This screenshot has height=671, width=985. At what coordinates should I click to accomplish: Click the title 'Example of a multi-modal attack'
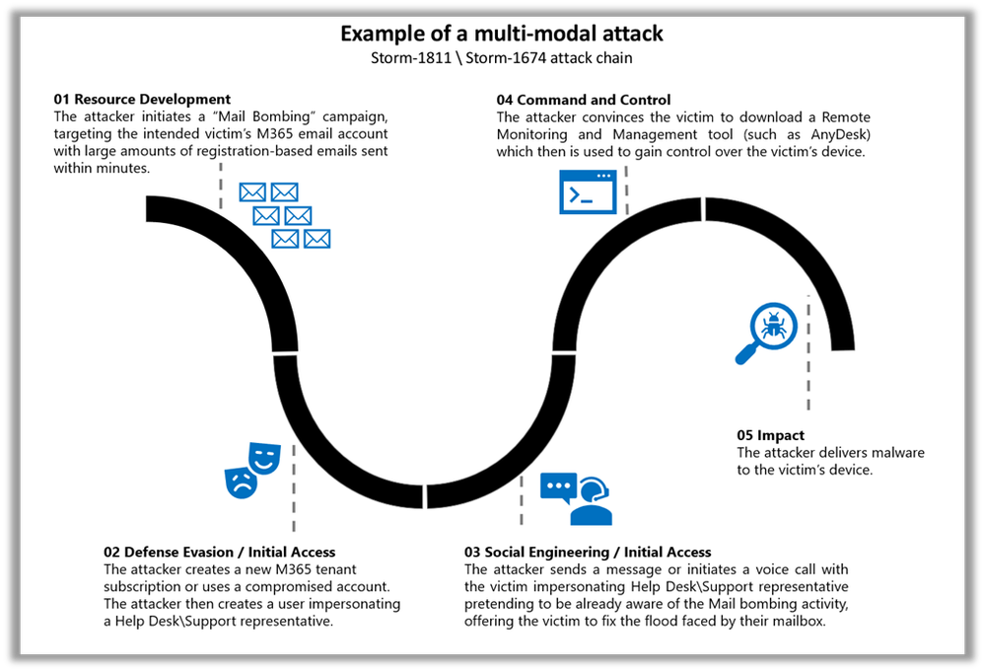tap(502, 34)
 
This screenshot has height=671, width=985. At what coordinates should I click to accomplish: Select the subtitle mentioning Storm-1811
tap(502, 58)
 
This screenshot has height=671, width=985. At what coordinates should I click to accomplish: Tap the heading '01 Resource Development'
tap(142, 100)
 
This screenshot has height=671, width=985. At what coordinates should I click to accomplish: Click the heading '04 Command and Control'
tap(584, 100)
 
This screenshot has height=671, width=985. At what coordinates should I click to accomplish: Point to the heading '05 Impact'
tap(770, 435)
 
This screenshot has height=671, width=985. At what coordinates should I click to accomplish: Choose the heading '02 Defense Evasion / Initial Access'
tap(219, 553)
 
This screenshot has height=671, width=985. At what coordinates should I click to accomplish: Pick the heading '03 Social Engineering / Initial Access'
tap(588, 553)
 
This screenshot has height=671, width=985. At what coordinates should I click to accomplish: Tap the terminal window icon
tap(587, 192)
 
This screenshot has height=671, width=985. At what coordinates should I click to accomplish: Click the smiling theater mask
tap(263, 458)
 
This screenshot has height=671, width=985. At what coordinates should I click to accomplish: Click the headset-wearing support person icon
tap(592, 501)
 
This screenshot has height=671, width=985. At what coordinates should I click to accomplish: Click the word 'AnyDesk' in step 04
tap(838, 133)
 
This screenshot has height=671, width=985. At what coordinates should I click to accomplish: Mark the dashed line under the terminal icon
tap(626, 189)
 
